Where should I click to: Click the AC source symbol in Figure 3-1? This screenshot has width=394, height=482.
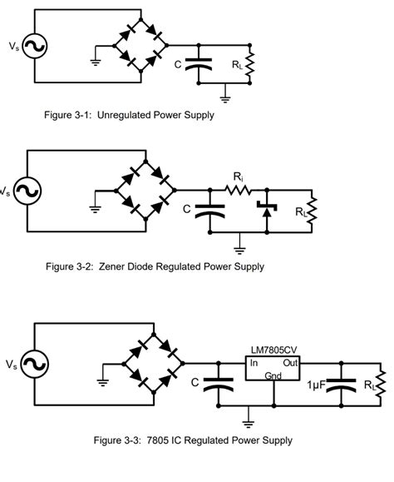pos(37,47)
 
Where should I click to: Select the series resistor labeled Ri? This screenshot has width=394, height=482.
pos(239,191)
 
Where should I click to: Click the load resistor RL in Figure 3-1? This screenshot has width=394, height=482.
pos(248,63)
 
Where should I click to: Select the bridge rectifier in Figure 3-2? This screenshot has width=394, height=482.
pos(146,191)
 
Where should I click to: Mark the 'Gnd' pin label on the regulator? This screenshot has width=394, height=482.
pos(273,375)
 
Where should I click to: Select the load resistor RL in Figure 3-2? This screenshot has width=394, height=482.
pos(313,211)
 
